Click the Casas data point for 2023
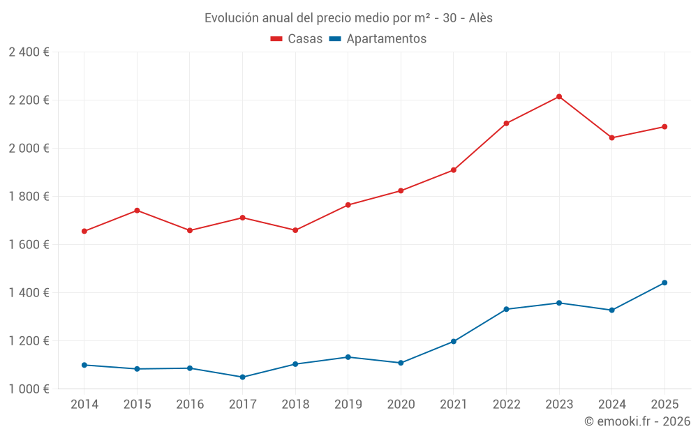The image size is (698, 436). [559, 96]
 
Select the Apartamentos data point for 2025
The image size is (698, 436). [664, 283]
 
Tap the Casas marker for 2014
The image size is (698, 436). [84, 231]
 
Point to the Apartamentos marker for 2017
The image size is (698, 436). [242, 377]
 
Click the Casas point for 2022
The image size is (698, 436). [506, 123]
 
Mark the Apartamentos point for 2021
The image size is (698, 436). [454, 341]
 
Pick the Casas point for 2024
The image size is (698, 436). [612, 137]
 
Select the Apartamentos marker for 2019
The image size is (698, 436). [348, 357]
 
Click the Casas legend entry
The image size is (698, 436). [297, 39]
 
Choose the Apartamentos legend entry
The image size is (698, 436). [378, 39]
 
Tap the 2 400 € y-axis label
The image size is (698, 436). [29, 52]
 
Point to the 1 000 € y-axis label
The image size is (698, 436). [29, 389]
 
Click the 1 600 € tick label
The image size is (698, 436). [29, 245]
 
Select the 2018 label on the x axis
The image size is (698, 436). [295, 404]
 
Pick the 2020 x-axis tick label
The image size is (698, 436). [401, 404]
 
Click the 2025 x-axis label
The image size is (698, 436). [664, 404]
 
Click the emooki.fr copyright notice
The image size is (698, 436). [637, 421]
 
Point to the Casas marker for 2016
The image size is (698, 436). [190, 230]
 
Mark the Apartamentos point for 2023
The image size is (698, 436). [559, 303]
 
